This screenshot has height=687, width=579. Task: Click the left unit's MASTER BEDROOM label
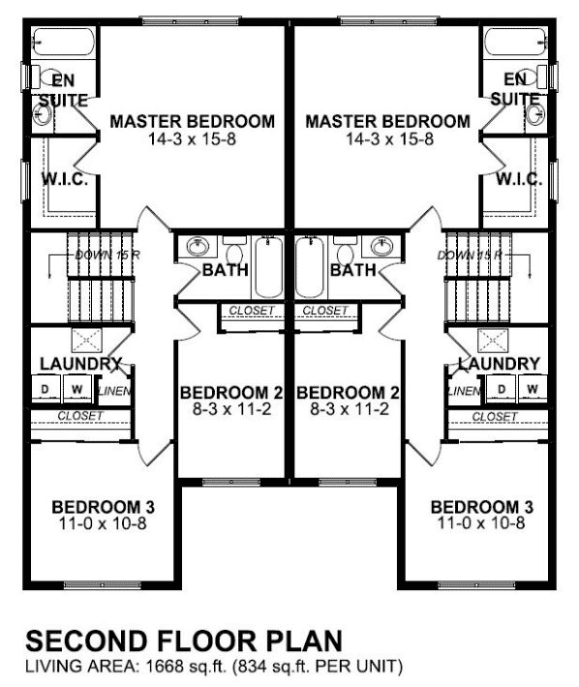(192, 122)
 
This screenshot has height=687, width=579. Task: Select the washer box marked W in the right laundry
(531, 389)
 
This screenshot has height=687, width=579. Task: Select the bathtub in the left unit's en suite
(62, 44)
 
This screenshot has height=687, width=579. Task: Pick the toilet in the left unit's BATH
(233, 248)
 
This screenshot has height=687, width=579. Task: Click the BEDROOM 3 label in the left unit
(103, 507)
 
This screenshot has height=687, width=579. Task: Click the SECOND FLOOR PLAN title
(183, 642)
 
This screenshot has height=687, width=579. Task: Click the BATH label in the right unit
(352, 270)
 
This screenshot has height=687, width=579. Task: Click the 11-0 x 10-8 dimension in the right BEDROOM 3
(481, 524)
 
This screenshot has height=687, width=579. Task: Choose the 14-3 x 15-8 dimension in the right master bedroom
(386, 139)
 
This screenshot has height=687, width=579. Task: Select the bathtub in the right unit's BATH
(309, 267)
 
